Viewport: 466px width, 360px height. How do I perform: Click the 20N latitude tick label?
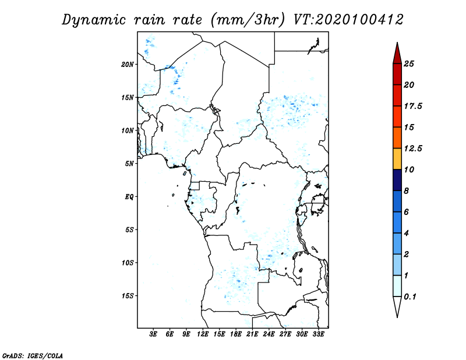pos(128,64)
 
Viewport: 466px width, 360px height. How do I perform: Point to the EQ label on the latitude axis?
pos(129,197)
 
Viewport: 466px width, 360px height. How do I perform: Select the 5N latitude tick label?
pos(129,164)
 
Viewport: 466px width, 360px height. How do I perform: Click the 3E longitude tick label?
pos(153,334)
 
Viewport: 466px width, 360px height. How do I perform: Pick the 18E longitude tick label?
pos(236,334)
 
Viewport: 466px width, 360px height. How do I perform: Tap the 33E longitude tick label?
pos(318,334)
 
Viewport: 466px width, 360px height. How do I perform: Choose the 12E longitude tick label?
pos(203,334)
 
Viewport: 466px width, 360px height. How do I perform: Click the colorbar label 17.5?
pos(413,106)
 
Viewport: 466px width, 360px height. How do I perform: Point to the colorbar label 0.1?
pos(410,297)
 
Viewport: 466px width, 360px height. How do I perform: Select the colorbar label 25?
pos(409,63)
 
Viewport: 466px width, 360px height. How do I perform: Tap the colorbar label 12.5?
pos(413,149)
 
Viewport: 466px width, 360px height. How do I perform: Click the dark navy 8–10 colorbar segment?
pos(397,180)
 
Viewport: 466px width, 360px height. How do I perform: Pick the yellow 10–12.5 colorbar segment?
pos(397,159)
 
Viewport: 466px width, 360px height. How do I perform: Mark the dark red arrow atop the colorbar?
pos(397,54)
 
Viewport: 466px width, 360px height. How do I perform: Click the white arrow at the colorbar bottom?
pos(397,306)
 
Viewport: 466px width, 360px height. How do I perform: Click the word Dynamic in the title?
pos(94,20)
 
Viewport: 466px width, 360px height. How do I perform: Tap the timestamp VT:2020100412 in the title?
pos(348,20)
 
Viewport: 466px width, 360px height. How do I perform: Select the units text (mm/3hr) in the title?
pos(248,20)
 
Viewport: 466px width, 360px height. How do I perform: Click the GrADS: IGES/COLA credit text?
pos(33,356)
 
